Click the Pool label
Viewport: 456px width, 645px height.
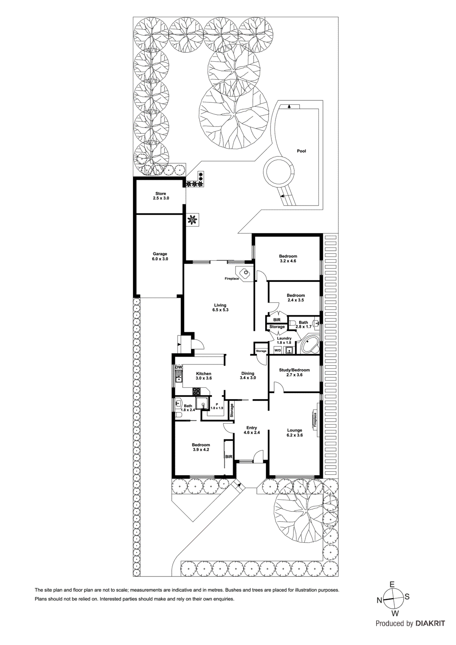[x=301, y=151]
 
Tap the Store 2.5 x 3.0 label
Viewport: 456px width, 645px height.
[x=160, y=196]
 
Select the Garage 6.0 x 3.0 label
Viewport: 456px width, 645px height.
[x=160, y=256]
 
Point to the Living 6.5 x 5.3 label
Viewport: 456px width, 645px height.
[x=220, y=308]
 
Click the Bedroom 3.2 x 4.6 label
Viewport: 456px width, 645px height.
[x=288, y=258]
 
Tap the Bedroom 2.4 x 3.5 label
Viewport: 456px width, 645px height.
[x=296, y=298]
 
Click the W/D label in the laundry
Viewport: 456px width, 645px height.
[x=277, y=350]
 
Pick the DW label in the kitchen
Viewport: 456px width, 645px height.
[x=178, y=367]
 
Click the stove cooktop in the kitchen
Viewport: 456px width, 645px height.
[x=196, y=391]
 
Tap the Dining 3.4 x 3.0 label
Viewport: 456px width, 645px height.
[x=248, y=376]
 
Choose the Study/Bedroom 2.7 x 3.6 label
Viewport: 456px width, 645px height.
[x=294, y=372]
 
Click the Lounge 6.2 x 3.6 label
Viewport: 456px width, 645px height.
[x=294, y=433]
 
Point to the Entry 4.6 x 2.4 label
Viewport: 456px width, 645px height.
[x=252, y=430]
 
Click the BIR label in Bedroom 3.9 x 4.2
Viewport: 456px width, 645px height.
[x=229, y=457]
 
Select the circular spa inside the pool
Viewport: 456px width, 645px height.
[x=278, y=171]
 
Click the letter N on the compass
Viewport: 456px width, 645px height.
[x=379, y=600]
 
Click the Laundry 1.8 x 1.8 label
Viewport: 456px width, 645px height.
[x=284, y=340]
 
